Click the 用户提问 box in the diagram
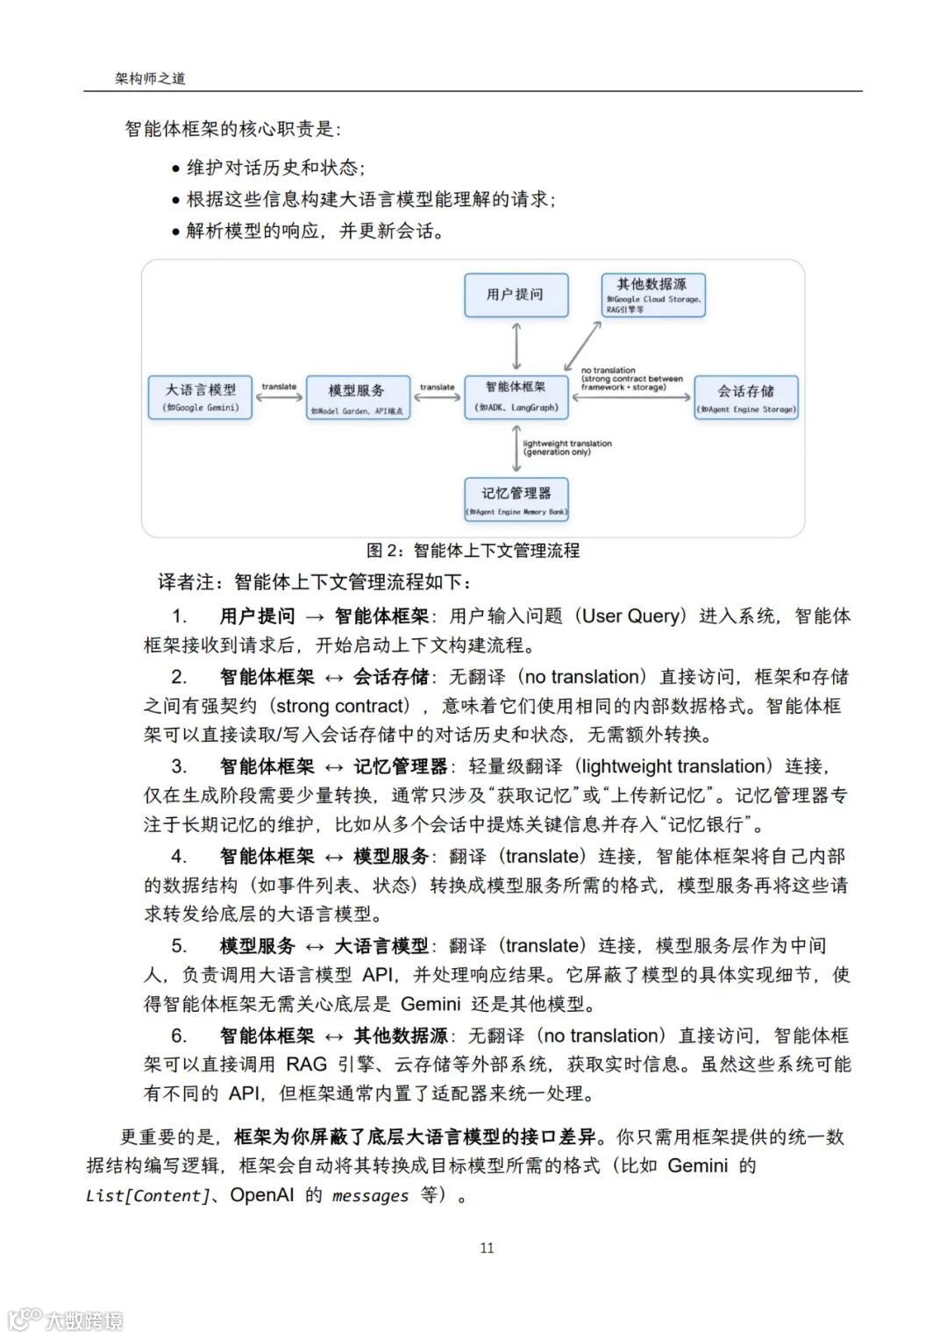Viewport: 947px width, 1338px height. [516, 295]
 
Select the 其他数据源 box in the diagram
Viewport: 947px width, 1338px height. [652, 295]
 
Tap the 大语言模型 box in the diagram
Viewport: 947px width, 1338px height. [201, 397]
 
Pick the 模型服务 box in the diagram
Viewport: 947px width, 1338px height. [356, 397]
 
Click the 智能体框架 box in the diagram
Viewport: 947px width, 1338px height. [516, 396]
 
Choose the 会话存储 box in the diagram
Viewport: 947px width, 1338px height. [745, 398]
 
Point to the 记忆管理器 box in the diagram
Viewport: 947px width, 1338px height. [516, 500]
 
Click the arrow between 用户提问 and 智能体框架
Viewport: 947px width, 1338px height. [516, 345]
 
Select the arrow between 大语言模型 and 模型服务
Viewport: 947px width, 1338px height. [279, 397]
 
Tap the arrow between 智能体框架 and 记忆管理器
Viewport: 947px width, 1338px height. [516, 449]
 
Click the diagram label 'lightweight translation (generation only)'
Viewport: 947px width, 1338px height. [567, 448]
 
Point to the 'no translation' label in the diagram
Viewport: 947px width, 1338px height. [609, 370]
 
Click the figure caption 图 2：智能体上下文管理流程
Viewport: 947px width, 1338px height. [473, 551]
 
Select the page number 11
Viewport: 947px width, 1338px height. [488, 1248]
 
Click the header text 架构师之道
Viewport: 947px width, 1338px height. [150, 78]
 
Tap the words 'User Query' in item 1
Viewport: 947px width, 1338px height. [630, 616]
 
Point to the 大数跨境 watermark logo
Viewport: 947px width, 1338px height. [66, 1319]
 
